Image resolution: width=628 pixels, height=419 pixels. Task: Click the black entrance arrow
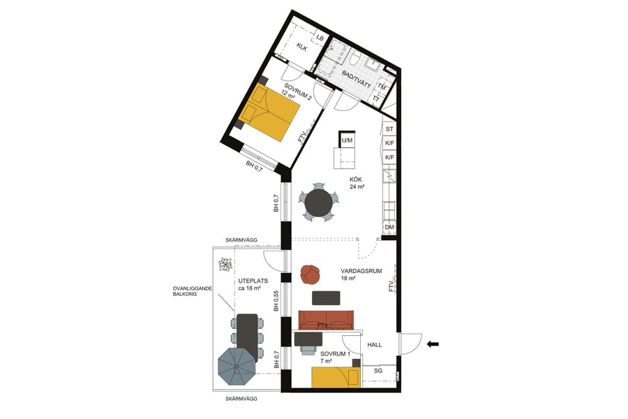click(433, 344)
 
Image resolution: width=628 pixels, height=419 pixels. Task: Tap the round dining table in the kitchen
click(319, 203)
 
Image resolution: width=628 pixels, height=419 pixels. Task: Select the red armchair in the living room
click(310, 274)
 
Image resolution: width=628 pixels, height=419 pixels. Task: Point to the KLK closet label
click(302, 47)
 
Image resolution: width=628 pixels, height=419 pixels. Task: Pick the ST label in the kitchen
click(389, 129)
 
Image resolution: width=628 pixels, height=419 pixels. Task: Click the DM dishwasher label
click(389, 227)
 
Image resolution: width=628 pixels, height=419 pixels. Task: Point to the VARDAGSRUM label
click(362, 271)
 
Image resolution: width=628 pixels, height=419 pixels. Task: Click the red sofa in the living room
click(326, 320)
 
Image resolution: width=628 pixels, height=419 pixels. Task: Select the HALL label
click(375, 344)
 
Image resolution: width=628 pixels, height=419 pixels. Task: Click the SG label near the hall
click(378, 371)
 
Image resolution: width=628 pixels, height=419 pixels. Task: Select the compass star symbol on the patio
click(225, 265)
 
